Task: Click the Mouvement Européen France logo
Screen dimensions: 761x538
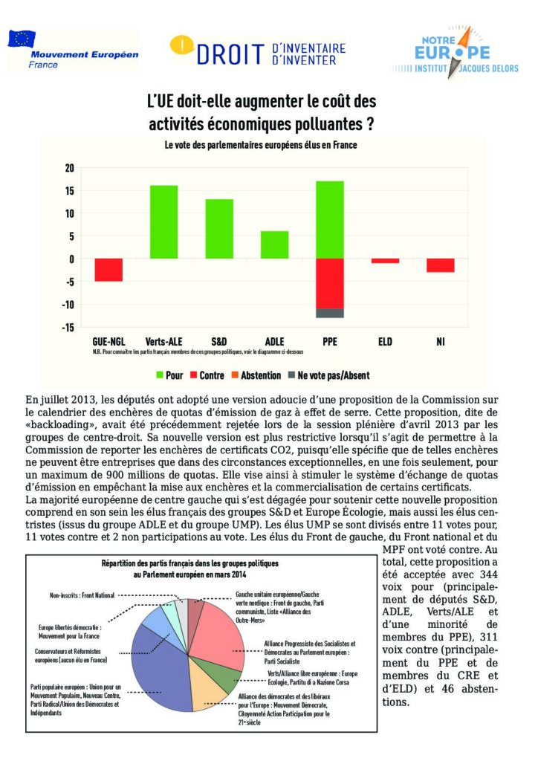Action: [x=72, y=51]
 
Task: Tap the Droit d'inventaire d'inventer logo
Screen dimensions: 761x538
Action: [x=259, y=50]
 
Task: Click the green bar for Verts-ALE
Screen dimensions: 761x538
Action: [x=163, y=221]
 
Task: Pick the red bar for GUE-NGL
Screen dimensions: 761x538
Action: [x=108, y=270]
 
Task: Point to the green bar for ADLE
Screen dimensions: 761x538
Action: [x=275, y=245]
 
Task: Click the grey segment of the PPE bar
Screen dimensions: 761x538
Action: [x=329, y=313]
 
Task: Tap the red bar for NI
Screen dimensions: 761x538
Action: [x=440, y=265]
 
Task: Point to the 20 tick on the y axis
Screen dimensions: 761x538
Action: [x=69, y=168]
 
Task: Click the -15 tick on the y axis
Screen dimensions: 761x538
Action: [x=68, y=328]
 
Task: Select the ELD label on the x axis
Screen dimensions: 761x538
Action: [x=385, y=342]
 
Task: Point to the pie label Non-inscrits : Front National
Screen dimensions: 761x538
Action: [x=80, y=595]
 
